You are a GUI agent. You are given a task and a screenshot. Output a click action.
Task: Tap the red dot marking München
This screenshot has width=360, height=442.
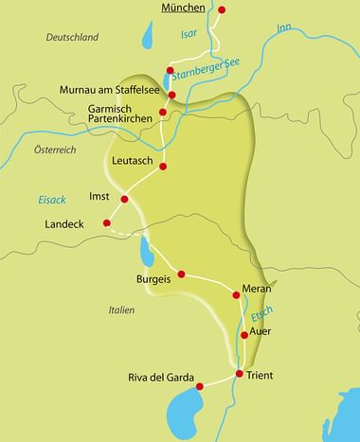(x=223, y=10)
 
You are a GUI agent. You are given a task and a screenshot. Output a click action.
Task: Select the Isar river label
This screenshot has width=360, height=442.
(x=191, y=35)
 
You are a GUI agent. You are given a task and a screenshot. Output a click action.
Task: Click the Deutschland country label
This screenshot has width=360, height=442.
(x=73, y=37)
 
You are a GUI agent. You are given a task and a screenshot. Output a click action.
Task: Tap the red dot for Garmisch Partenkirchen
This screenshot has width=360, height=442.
(x=163, y=113)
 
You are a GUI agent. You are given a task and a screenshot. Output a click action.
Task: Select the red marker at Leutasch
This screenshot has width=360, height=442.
(x=163, y=167)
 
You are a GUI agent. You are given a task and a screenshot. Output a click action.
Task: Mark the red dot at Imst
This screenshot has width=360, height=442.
(x=124, y=199)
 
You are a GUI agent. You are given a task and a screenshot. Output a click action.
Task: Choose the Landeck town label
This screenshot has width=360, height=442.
(x=65, y=223)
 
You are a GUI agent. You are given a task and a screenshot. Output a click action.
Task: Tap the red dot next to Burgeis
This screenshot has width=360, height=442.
(x=181, y=274)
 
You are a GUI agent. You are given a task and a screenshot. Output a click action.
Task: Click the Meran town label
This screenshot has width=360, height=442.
(x=257, y=287)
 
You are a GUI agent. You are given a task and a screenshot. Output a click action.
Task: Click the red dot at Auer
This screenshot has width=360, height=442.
(x=244, y=334)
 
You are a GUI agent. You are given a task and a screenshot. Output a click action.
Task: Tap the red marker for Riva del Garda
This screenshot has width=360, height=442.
(x=199, y=385)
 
